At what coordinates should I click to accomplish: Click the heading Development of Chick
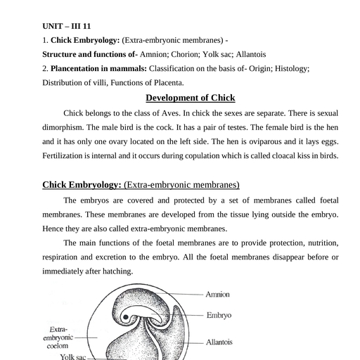pyautogui.click(x=191, y=98)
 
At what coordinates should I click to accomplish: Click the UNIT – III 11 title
pyautogui.click(x=67, y=26)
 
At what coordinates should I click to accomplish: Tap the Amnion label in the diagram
pyautogui.click(x=217, y=295)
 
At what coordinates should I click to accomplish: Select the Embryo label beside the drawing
pyautogui.click(x=219, y=315)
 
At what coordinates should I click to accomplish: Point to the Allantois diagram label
pyautogui.click(x=219, y=342)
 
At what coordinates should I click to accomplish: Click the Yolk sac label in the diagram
pyautogui.click(x=73, y=356)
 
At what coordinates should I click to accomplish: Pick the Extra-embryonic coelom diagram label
pyautogui.click(x=58, y=337)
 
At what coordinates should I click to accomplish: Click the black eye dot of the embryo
pyautogui.click(x=126, y=317)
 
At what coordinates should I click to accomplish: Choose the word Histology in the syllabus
pyautogui.click(x=292, y=69)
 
